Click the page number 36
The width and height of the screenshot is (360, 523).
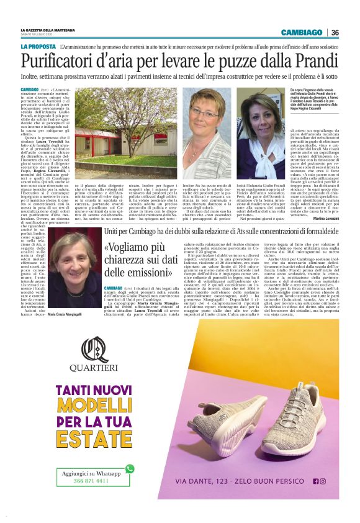pos(335,32)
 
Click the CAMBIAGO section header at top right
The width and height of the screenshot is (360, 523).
pos(301,32)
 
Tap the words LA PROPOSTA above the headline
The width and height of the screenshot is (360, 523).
pos(38,47)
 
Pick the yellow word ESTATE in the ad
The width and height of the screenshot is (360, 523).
pos(95,439)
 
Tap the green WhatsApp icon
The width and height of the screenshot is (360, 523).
pos(130,469)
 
